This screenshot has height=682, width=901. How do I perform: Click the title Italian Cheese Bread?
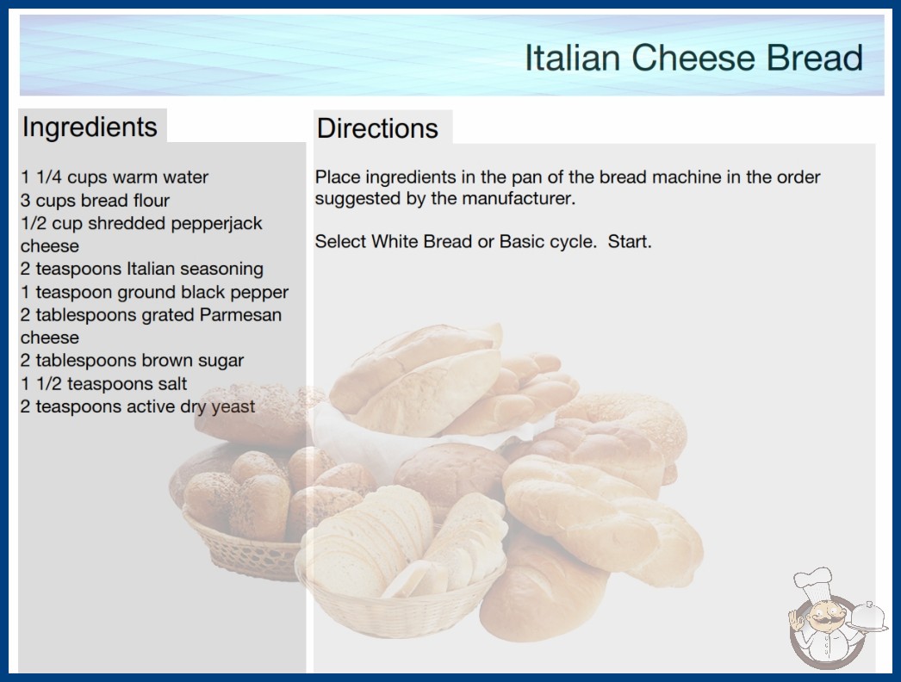pyautogui.click(x=693, y=58)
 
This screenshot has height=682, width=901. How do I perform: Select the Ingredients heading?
pyautogui.click(x=90, y=127)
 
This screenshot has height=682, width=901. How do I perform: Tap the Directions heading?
pyautogui.click(x=377, y=128)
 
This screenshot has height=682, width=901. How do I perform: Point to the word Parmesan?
pyautogui.click(x=240, y=315)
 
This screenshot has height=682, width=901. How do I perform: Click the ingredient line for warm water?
pyautogui.click(x=115, y=177)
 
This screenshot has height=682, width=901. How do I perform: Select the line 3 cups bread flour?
pyautogui.click(x=95, y=201)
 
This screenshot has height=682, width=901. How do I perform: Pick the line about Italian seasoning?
pyautogui.click(x=142, y=269)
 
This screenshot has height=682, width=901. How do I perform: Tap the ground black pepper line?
pyautogui.click(x=154, y=293)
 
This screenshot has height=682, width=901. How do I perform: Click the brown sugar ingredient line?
pyautogui.click(x=132, y=361)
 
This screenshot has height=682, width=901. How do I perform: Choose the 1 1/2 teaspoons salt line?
pyautogui.click(x=103, y=384)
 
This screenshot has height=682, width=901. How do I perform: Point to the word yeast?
pyautogui.click(x=233, y=407)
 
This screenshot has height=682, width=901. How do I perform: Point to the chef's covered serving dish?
pyautogui.click(x=868, y=617)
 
